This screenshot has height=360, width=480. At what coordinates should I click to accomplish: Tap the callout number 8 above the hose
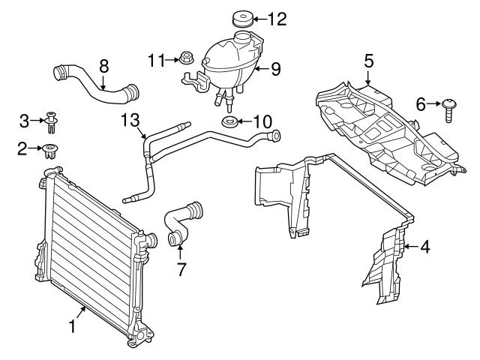pyautogui.click(x=104, y=65)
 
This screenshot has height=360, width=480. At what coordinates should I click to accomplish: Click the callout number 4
pyautogui.click(x=424, y=245)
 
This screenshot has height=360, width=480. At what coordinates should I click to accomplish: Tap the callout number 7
pyautogui.click(x=179, y=268)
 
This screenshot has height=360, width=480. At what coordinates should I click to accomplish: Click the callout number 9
pyautogui.click(x=276, y=70)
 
